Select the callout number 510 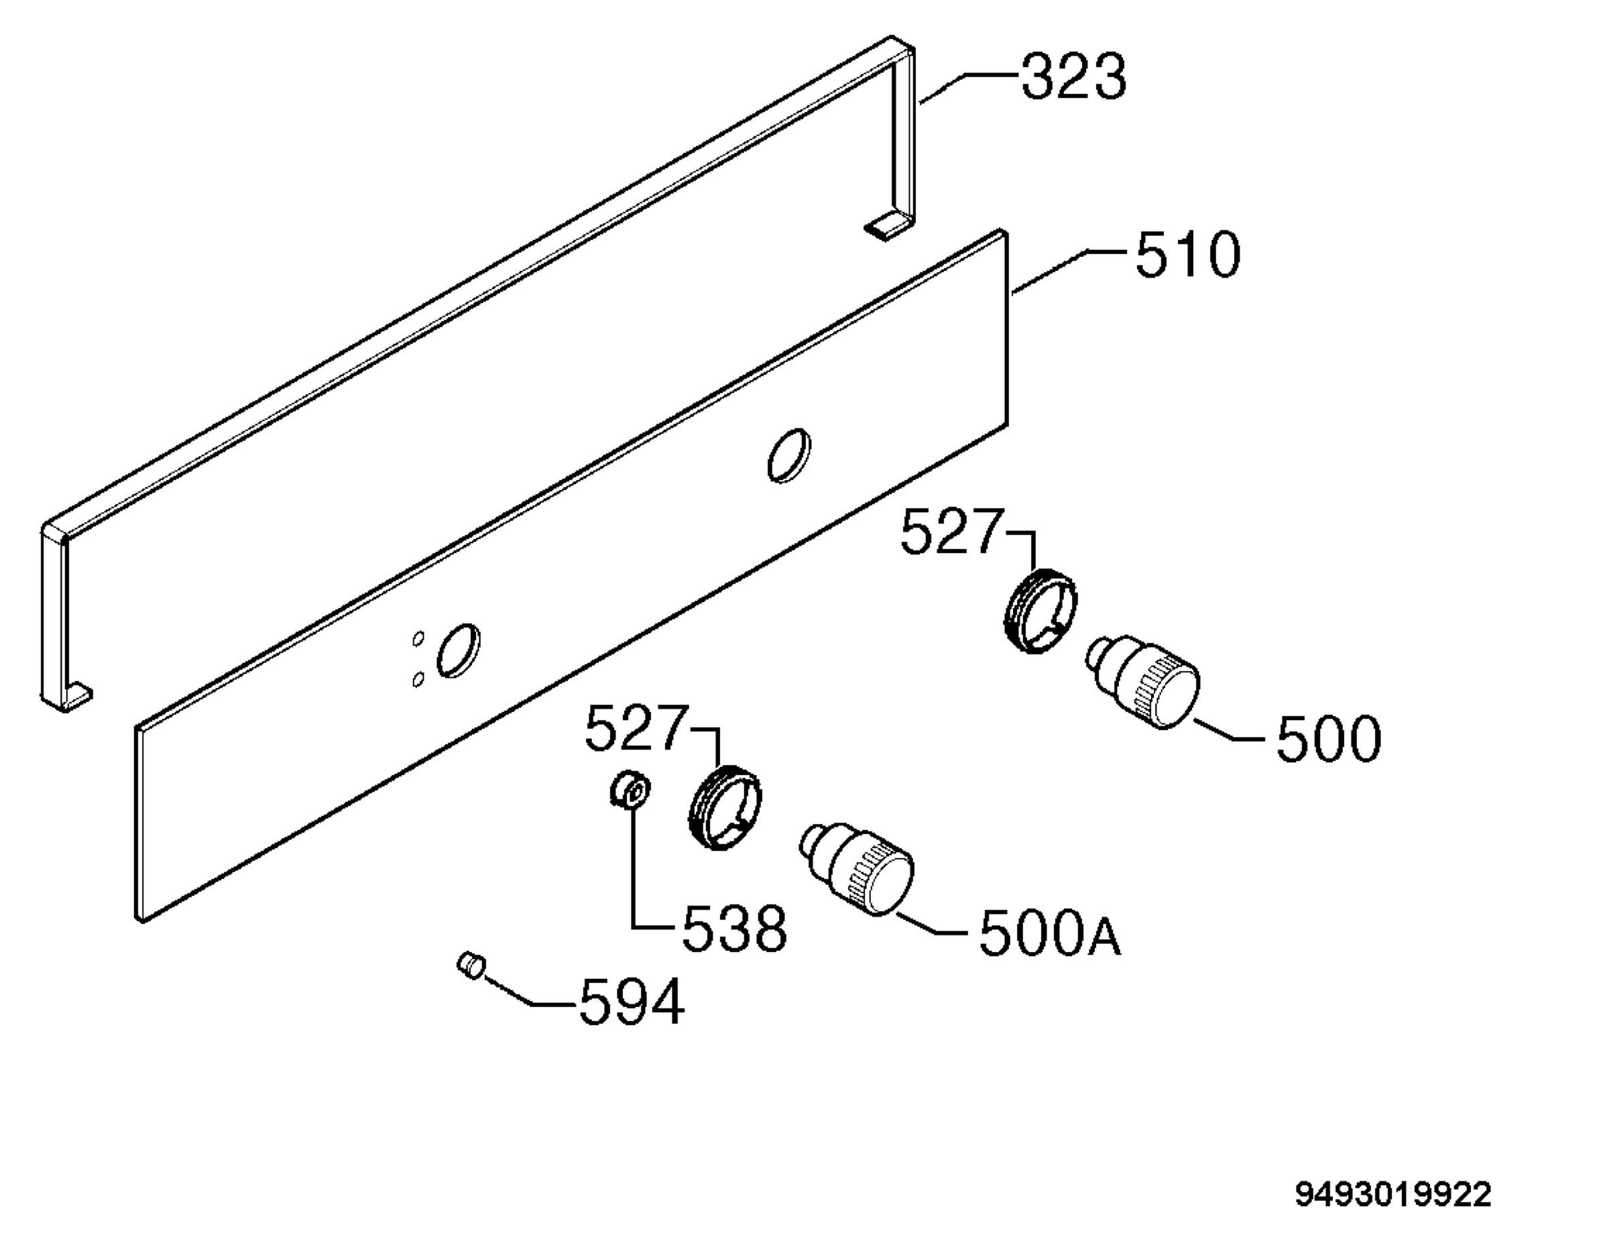point(1188,255)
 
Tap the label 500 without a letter point(1329,738)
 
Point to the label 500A point(1050,933)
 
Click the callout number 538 point(734,929)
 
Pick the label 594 point(632,1002)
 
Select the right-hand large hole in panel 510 point(790,456)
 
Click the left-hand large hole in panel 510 point(459,651)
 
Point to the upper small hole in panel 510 point(418,638)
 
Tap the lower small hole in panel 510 point(418,680)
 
